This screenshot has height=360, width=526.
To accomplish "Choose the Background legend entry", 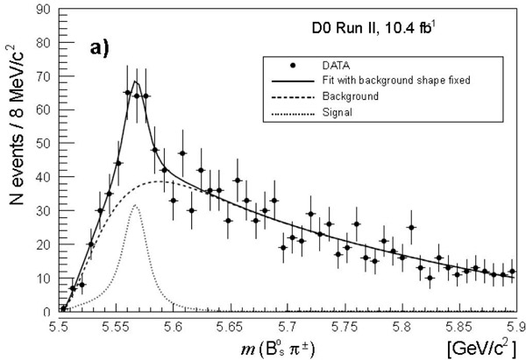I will (x=348, y=95).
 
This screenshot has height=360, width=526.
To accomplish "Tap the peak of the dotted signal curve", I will (x=136, y=206).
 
